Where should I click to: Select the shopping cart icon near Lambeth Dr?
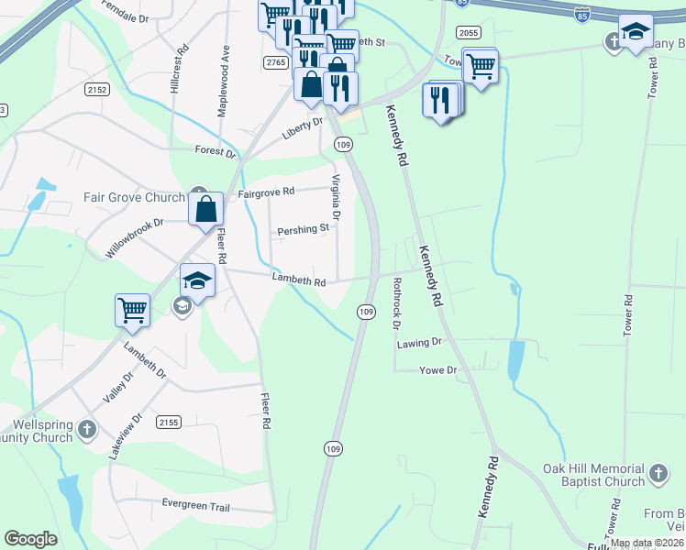click(x=132, y=310)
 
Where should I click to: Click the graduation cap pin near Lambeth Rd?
click(x=197, y=280)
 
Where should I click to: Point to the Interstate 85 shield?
click(x=582, y=16)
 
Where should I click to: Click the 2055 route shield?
click(x=468, y=31)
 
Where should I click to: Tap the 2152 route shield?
click(x=97, y=90)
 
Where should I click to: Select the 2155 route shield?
click(x=168, y=422)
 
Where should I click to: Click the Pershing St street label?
click(x=303, y=229)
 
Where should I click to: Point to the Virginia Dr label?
click(x=336, y=197)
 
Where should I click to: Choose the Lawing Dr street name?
click(x=419, y=342)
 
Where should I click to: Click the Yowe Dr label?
click(x=437, y=370)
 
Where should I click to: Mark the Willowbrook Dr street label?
click(x=134, y=236)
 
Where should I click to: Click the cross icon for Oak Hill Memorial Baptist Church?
click(x=657, y=474)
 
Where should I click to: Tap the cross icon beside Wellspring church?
click(x=86, y=429)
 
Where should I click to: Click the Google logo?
click(x=31, y=539)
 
